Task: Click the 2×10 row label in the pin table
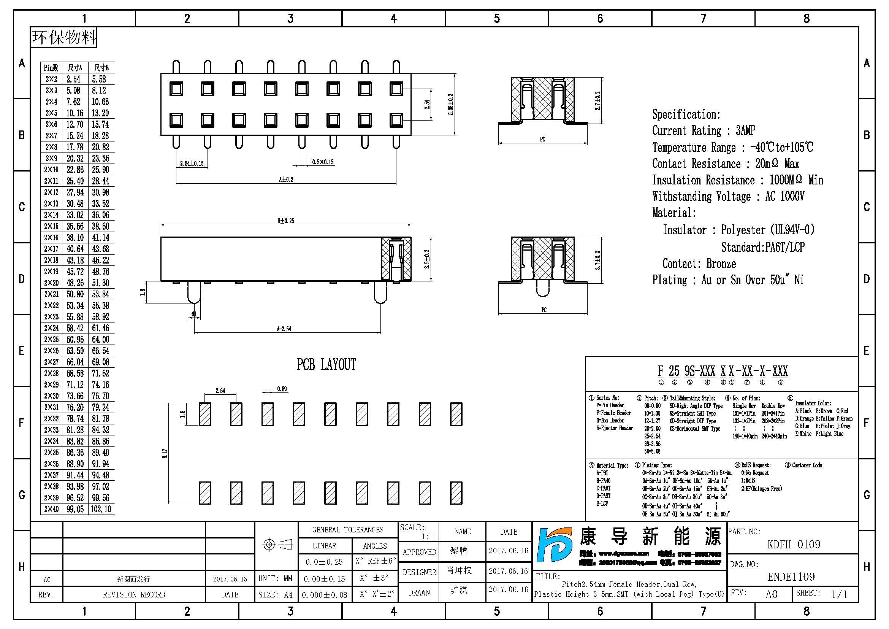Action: (51, 170)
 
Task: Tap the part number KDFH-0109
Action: (793, 545)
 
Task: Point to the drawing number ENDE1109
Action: (791, 577)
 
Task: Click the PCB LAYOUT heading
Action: (326, 364)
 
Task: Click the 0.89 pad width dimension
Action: (282, 389)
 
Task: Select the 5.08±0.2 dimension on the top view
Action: (451, 104)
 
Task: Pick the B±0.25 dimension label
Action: (285, 221)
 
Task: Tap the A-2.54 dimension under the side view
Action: (284, 329)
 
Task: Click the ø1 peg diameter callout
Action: (194, 314)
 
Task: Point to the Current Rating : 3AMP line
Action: (703, 130)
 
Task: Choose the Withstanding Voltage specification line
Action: (728, 196)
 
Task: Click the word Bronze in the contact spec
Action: (721, 264)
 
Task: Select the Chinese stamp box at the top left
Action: (63, 37)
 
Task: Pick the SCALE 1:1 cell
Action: (418, 532)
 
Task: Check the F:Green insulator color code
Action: (844, 418)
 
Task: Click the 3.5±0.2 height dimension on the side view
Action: (427, 259)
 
